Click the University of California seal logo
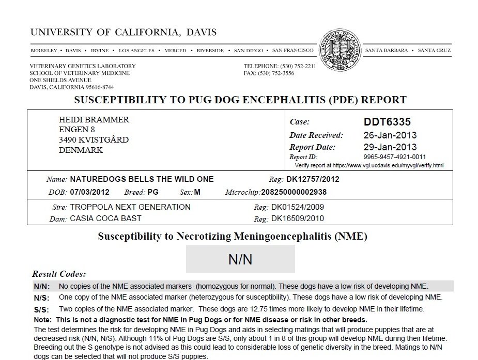[340, 50]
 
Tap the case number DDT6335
[387, 122]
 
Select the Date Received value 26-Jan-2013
[390, 135]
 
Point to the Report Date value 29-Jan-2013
[390, 147]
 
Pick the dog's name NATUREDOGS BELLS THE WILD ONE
[141, 180]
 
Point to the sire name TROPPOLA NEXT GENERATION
[130, 207]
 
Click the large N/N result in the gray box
[240, 259]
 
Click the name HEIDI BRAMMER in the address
[94, 120]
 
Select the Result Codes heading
[59, 274]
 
